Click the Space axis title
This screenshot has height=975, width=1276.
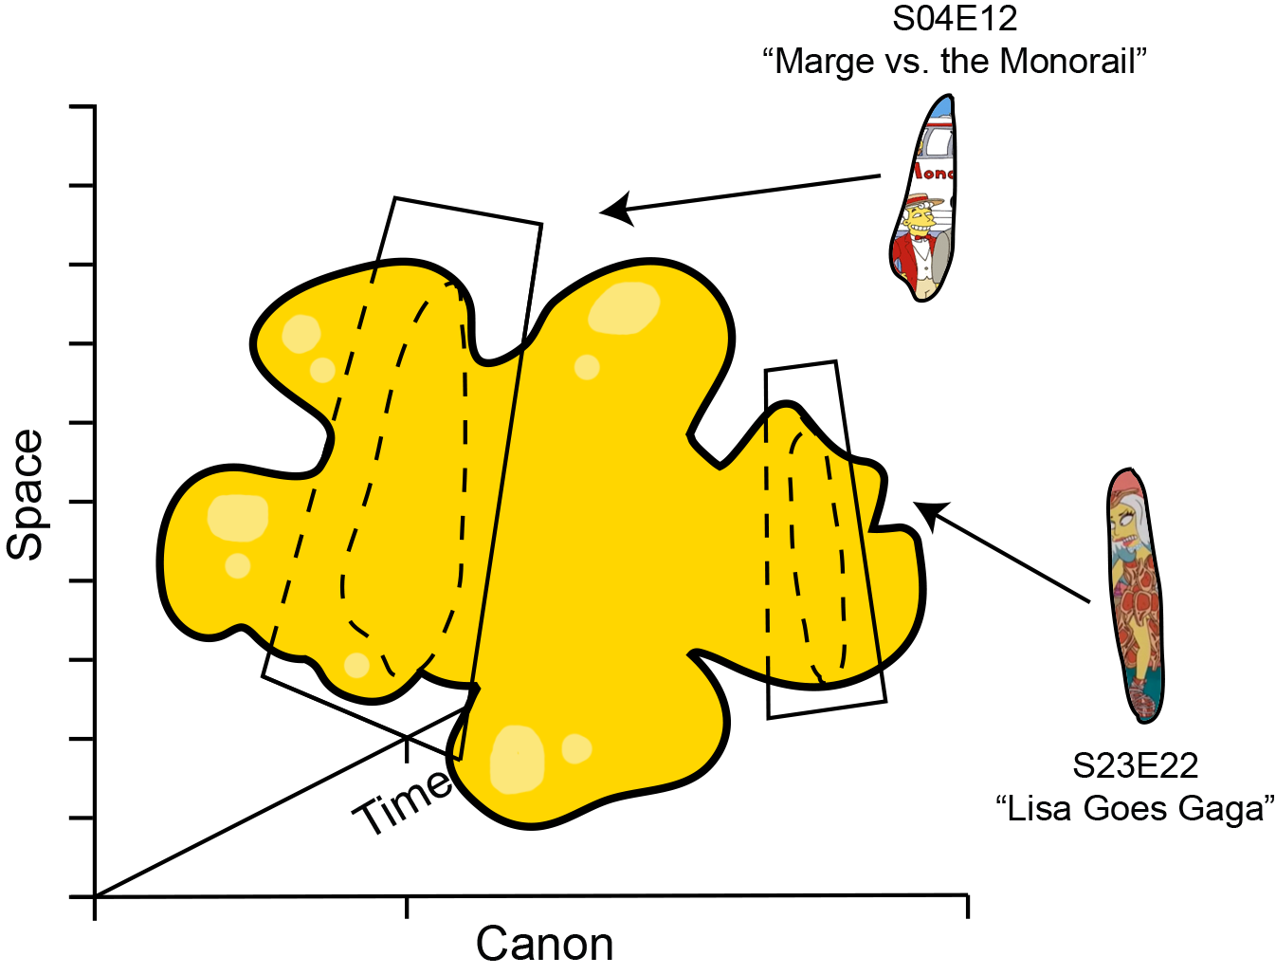tap(25, 495)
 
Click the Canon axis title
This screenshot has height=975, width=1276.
tap(544, 945)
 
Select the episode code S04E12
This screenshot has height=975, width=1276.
tap(954, 19)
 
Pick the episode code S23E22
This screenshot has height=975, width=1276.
tap(1135, 765)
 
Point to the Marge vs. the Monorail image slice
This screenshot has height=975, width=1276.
tap(922, 197)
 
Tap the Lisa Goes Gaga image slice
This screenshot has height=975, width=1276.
tap(1134, 595)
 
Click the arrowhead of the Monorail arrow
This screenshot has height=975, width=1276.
tap(613, 209)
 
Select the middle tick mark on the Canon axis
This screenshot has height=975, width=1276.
tap(406, 908)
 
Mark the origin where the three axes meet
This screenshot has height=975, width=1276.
tap(95, 896)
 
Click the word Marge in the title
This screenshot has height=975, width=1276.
tap(825, 62)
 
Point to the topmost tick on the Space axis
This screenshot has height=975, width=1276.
tap(82, 106)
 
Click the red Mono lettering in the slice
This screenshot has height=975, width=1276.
tap(934, 174)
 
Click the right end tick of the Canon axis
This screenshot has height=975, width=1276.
tap(967, 907)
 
